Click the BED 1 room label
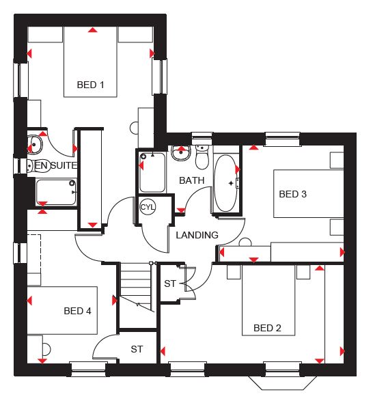(x=91, y=85)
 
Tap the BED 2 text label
(x=267, y=328)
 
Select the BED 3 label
(x=292, y=194)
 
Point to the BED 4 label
(x=77, y=311)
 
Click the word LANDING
(x=197, y=235)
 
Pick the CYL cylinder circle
(x=148, y=206)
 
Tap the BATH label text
(x=191, y=180)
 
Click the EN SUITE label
(x=56, y=165)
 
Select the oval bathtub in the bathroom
(x=225, y=183)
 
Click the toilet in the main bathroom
(x=202, y=157)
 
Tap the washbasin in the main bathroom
(x=181, y=152)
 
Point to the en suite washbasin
(x=35, y=145)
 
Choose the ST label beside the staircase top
(x=170, y=284)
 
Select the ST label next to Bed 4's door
(x=137, y=349)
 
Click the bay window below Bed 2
(x=283, y=383)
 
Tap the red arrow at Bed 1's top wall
(x=93, y=30)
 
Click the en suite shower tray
(x=56, y=192)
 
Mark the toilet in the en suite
(x=38, y=166)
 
